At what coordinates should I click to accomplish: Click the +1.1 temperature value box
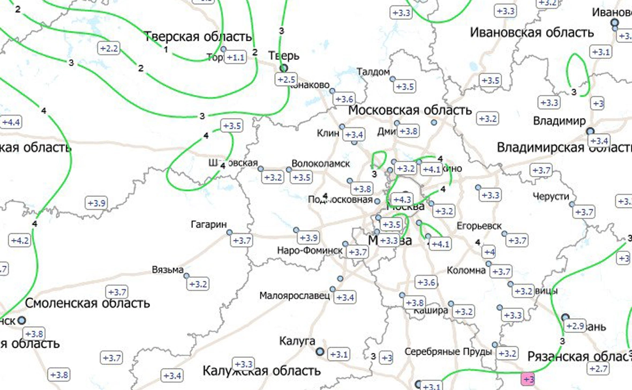(236, 57)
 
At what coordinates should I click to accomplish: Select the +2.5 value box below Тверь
(286, 80)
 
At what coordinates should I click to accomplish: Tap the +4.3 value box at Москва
(402, 199)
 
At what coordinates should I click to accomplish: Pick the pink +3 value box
(528, 379)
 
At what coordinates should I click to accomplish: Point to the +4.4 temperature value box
(11, 122)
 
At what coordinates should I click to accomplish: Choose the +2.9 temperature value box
(575, 326)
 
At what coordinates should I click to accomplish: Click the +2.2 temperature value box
(109, 49)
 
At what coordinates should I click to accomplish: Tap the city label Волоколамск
(321, 163)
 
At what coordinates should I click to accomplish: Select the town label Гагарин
(209, 224)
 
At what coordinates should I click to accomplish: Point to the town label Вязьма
(168, 269)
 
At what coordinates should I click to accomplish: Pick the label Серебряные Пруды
(448, 352)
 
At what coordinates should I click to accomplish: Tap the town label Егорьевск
(479, 226)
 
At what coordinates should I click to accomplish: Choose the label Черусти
(551, 196)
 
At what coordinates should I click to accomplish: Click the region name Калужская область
(261, 370)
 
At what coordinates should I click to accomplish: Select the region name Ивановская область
(532, 33)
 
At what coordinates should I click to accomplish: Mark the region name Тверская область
(198, 37)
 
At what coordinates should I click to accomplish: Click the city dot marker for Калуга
(320, 351)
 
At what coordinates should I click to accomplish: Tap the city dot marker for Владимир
(590, 131)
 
